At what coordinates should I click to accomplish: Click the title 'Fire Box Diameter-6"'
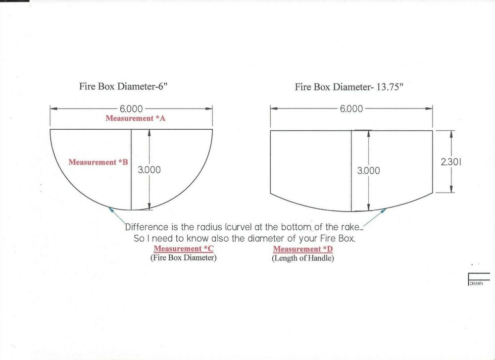coord(122,87)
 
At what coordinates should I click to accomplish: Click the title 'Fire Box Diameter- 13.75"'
coord(349,87)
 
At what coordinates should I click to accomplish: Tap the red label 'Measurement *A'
coord(136,118)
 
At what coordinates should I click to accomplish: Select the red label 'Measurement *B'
coord(98,162)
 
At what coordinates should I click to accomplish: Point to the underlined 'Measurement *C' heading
coord(184,249)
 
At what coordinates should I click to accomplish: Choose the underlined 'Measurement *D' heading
coord(303,249)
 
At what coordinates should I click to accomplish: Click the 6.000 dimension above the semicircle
coord(131,109)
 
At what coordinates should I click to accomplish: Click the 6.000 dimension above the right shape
coord(351,109)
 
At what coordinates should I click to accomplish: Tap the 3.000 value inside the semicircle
coord(149,170)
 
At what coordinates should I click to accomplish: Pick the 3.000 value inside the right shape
coord(368,171)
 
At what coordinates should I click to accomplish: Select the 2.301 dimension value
coord(451,162)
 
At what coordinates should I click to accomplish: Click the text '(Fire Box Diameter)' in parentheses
coord(184,257)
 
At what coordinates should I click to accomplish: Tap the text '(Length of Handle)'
coord(303,258)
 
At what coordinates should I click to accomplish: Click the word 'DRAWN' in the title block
coord(476,284)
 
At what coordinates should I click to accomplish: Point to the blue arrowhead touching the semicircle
coord(110,209)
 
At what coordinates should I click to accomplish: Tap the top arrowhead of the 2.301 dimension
coord(451,134)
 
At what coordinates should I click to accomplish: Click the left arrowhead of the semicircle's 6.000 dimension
coord(53,108)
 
